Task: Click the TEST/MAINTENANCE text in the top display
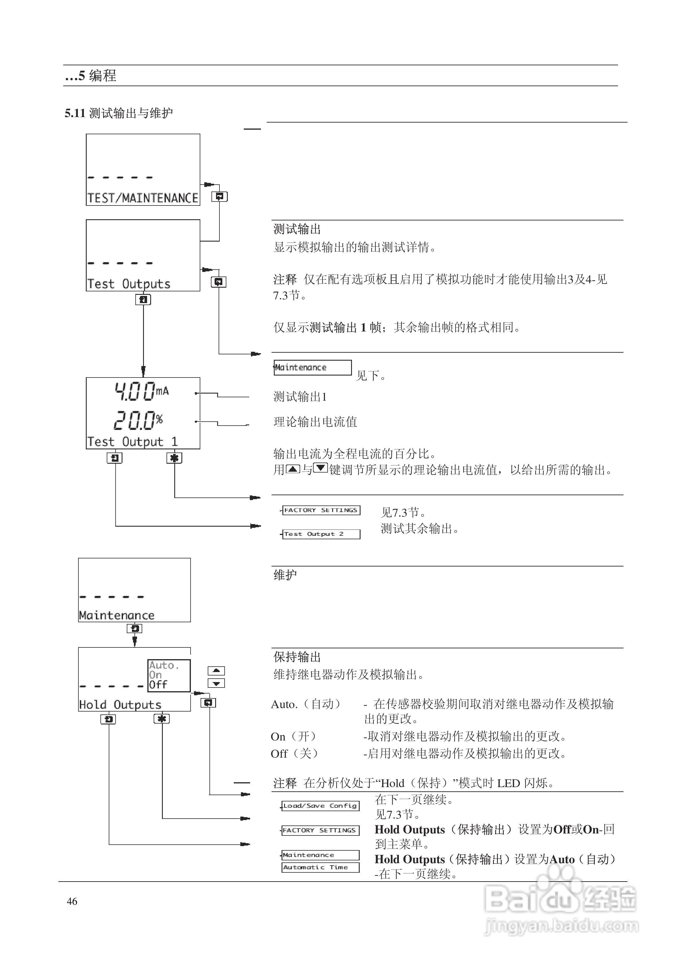pyautogui.click(x=143, y=198)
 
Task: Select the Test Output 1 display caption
pyautogui.click(x=133, y=442)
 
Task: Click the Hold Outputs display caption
pyautogui.click(x=120, y=704)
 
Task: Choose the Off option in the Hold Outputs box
pyautogui.click(x=158, y=685)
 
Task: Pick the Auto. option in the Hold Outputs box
pyautogui.click(x=164, y=665)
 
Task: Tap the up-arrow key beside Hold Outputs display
pyautogui.click(x=216, y=671)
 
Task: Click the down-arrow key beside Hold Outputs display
pyautogui.click(x=216, y=684)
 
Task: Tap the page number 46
pyautogui.click(x=72, y=901)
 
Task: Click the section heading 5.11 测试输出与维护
pyautogui.click(x=118, y=113)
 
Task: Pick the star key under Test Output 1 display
pyautogui.click(x=174, y=458)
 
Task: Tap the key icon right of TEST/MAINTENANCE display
pyautogui.click(x=219, y=197)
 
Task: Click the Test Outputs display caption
pyautogui.click(x=129, y=284)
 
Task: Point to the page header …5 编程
pyautogui.click(x=91, y=76)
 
